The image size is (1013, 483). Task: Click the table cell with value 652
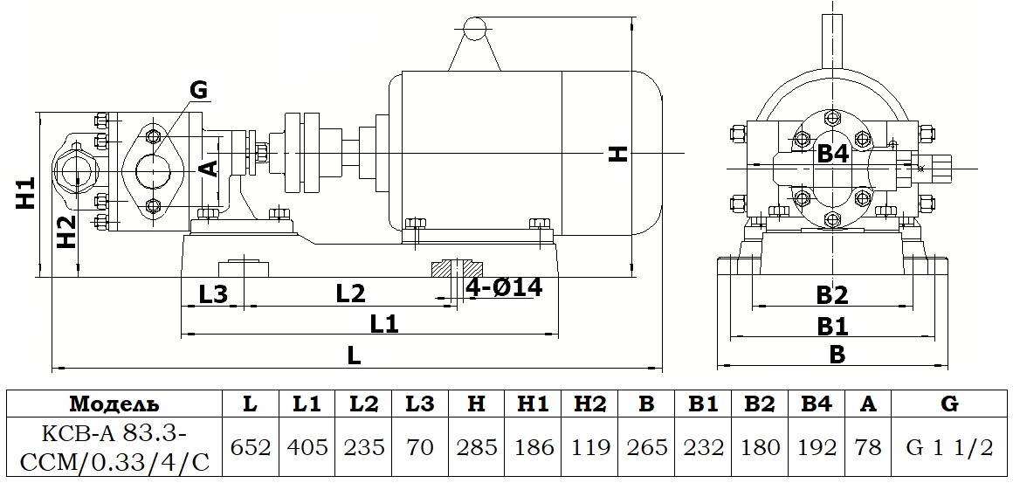(250, 447)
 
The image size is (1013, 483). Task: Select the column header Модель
(114, 404)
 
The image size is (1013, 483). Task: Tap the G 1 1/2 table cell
(949, 447)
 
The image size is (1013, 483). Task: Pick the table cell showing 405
(307, 447)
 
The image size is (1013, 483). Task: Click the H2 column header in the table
(589, 404)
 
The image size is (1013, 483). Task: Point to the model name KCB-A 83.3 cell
(114, 447)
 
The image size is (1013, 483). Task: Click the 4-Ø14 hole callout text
(504, 287)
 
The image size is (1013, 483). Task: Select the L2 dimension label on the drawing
(350, 294)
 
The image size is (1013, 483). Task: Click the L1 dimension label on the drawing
(384, 324)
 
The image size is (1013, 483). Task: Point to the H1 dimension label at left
(25, 193)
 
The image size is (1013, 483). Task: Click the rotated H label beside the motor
(618, 155)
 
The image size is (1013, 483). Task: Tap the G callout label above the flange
(198, 89)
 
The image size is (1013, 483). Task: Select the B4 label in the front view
(832, 155)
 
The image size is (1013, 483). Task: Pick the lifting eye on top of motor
(473, 30)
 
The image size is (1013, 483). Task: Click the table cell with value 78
(868, 447)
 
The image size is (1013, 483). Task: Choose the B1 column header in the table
(703, 404)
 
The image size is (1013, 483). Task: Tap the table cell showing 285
(476, 447)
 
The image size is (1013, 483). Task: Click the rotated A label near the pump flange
(209, 169)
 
